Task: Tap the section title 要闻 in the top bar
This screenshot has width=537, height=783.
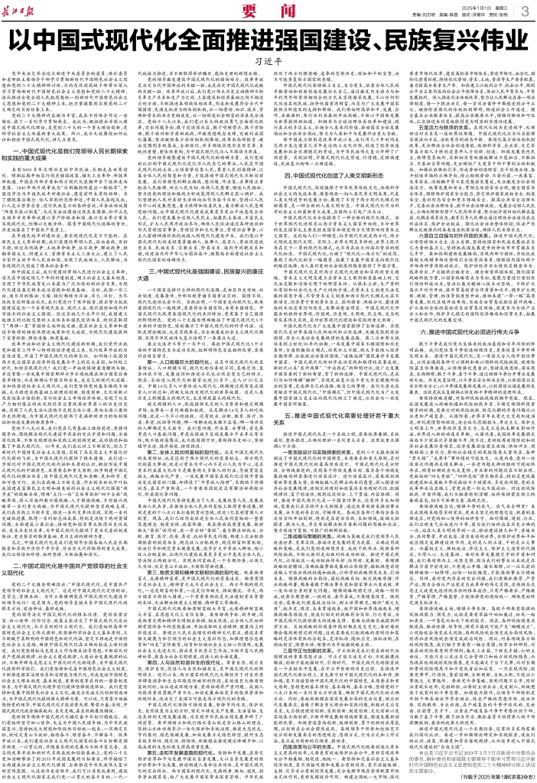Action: [x=268, y=10]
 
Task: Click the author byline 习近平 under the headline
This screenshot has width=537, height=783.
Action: [x=269, y=67]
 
